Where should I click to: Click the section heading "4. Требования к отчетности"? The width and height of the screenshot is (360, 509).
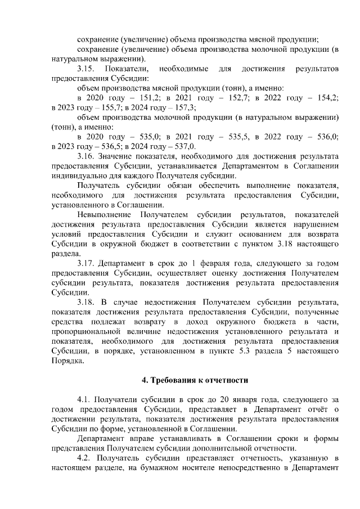pyautogui.click(x=195, y=380)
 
